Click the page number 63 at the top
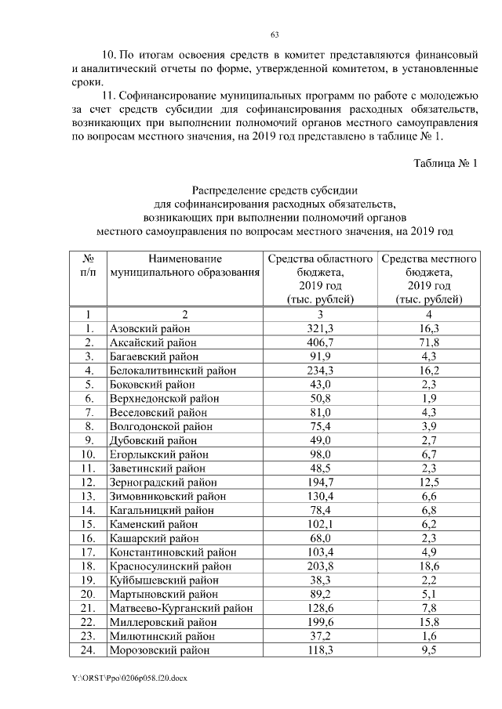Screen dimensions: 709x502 (275, 34)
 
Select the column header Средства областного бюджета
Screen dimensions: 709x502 (320, 278)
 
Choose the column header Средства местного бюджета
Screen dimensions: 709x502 (429, 278)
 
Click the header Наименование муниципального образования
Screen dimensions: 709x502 (184, 266)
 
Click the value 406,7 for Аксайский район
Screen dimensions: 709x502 (320, 342)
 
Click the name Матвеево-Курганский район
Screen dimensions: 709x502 (181, 607)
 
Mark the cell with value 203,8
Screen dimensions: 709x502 (320, 566)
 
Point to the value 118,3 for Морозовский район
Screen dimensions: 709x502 (320, 649)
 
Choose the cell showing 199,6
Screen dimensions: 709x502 (320, 621)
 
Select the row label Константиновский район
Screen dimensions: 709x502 (173, 552)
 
